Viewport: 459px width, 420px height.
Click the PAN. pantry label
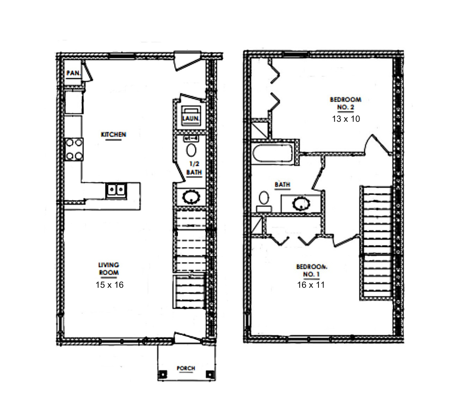[73, 73]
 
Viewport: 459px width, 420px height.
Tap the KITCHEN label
[113, 135]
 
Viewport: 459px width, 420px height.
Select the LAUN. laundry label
[191, 119]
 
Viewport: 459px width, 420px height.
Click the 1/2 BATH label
[194, 168]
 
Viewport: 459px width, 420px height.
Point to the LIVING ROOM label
[109, 269]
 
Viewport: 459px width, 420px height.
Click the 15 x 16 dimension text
[110, 285]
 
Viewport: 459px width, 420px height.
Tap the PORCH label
[186, 368]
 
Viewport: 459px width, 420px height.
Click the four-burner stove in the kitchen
[74, 149]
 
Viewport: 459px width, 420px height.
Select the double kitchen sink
[116, 191]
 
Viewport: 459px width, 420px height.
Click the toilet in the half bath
[191, 147]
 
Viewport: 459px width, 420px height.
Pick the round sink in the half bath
[191, 197]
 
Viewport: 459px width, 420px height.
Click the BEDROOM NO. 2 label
[345, 103]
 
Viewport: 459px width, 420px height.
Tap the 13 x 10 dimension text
[346, 119]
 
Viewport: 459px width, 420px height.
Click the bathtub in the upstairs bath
[272, 153]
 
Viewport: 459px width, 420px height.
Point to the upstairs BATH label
[282, 185]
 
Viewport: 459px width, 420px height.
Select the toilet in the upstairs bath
[264, 202]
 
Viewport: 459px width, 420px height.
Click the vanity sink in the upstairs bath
[301, 203]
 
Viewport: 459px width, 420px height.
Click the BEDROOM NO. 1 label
[312, 270]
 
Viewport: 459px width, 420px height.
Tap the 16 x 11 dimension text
[311, 285]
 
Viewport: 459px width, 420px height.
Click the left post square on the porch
[163, 374]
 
